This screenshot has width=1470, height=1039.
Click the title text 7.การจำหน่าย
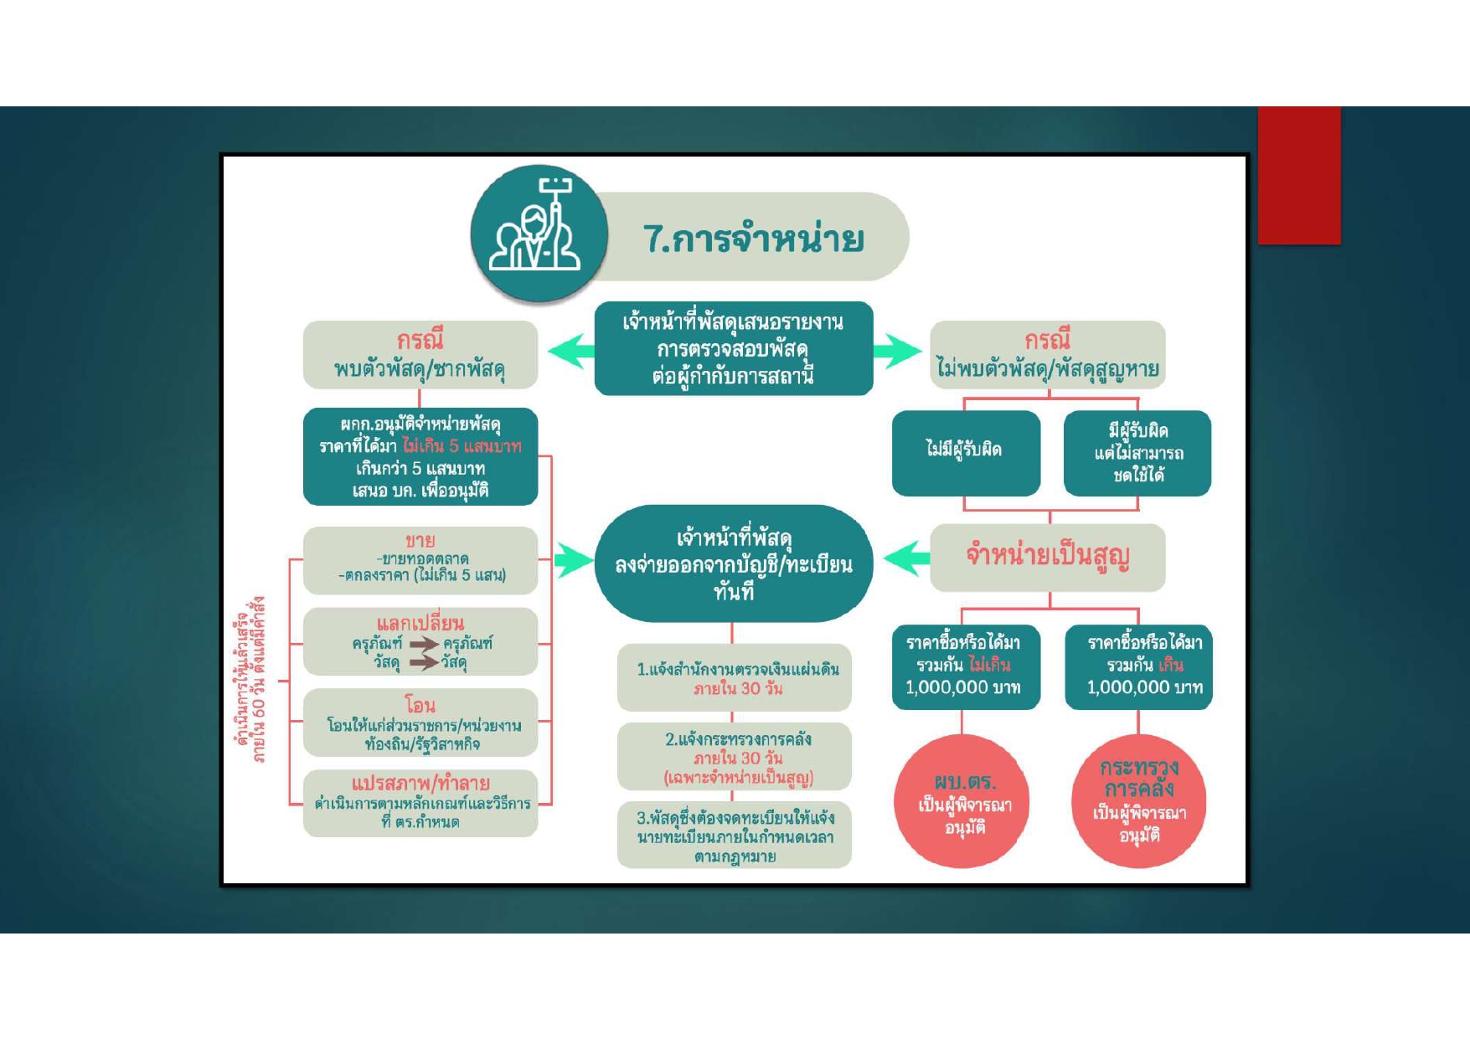(753, 239)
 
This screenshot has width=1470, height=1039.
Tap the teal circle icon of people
(538, 233)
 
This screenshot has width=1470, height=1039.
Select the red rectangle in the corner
(1298, 175)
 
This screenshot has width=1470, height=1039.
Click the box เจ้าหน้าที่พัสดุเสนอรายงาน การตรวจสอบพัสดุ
(733, 348)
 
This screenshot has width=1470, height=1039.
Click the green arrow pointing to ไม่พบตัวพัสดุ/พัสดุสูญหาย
(897, 351)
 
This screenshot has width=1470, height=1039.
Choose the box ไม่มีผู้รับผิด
(965, 452)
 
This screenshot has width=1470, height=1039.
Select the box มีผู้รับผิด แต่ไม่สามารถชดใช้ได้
(1137, 453)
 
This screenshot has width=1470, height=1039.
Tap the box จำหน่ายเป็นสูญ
(1047, 557)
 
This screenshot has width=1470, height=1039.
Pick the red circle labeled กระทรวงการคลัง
(1138, 802)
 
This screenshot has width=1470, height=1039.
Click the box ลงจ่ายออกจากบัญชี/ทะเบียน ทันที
(733, 563)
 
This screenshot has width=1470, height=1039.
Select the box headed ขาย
(420, 559)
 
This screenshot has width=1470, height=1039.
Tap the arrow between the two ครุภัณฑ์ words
(424, 644)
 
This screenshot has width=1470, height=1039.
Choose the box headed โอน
(420, 723)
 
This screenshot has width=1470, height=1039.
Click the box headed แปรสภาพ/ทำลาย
(420, 803)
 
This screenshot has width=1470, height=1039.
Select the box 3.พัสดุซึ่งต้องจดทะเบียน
(735, 836)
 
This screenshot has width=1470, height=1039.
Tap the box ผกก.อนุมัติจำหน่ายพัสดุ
(420, 456)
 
